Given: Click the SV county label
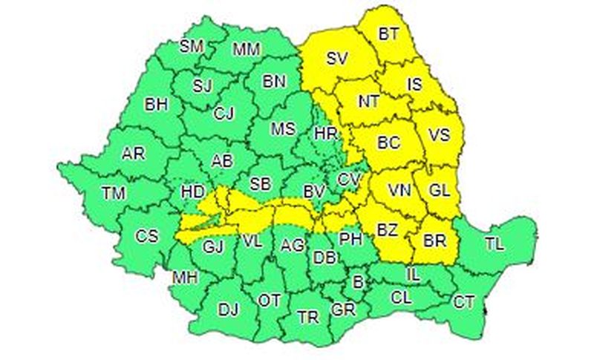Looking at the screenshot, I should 337,57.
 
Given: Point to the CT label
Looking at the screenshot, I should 464,301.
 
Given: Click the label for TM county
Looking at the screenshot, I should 114,193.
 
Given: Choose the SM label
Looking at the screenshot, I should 192,46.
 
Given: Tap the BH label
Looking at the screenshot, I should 156,104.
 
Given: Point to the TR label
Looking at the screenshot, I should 308,317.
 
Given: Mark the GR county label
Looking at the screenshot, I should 343,309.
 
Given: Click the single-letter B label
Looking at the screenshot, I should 358,281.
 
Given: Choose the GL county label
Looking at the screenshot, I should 440,190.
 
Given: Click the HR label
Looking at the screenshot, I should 326,134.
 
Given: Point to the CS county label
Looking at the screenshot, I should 147,236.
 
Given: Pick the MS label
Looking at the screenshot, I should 283,128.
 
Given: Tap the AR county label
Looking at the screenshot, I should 134,154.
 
